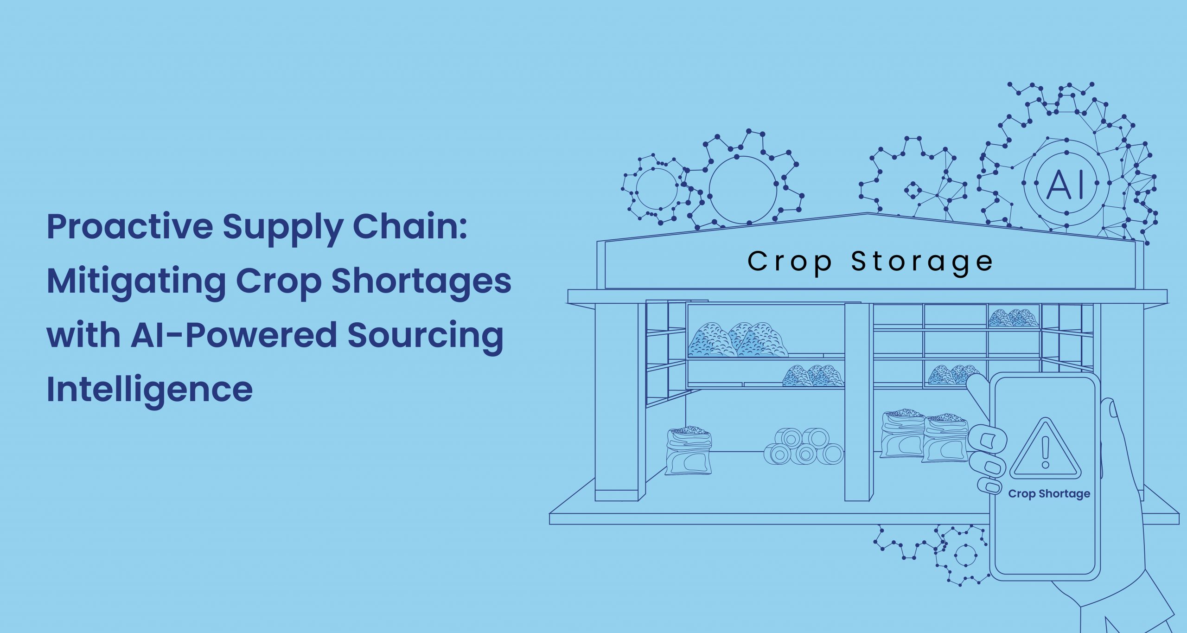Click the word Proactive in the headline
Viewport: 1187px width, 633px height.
pyautogui.click(x=130, y=227)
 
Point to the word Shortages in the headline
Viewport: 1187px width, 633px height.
pyautogui.click(x=421, y=281)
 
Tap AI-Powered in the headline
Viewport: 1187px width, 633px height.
pyautogui.click(x=234, y=334)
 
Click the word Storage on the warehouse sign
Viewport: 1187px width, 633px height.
pyautogui.click(x=922, y=263)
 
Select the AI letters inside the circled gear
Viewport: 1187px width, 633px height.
pyautogui.click(x=1066, y=184)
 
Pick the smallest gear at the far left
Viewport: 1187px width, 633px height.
pyautogui.click(x=656, y=189)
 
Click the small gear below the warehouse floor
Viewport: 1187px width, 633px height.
pyautogui.click(x=964, y=555)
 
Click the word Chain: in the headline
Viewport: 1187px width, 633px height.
pyautogui.click(x=410, y=227)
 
